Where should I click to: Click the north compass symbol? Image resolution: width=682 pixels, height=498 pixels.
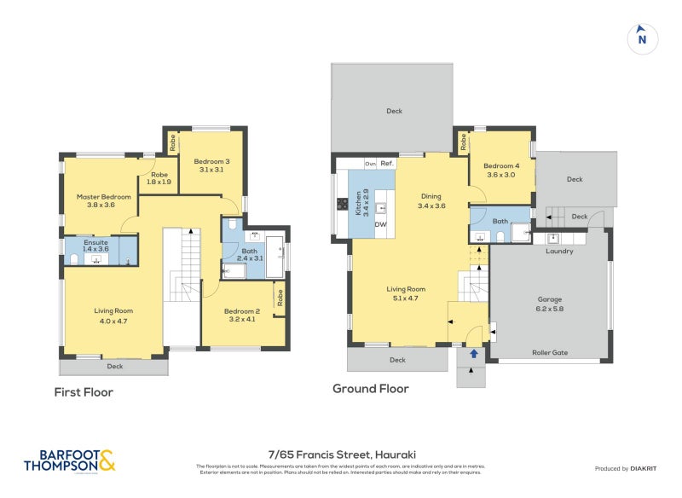(643, 38)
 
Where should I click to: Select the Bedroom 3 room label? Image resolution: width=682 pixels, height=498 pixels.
(211, 165)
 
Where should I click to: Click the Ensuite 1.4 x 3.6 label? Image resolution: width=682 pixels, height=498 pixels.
(95, 246)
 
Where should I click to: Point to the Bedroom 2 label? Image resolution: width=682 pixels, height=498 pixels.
(241, 315)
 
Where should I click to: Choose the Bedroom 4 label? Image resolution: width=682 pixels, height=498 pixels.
(500, 170)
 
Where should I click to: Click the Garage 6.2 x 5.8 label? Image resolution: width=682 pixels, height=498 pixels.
(550, 304)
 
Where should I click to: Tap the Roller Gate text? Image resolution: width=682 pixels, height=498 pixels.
(550, 352)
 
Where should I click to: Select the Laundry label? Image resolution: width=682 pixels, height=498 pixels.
(559, 251)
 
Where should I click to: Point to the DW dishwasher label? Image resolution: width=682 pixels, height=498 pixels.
(381, 224)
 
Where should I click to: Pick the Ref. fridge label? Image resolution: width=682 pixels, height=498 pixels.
(386, 163)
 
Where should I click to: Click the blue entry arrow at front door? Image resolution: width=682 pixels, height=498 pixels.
(473, 352)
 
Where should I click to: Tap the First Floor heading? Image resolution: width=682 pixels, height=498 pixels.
(84, 392)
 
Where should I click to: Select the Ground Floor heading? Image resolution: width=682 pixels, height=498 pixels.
(370, 389)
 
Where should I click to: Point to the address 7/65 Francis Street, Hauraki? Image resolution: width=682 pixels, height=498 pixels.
(341, 455)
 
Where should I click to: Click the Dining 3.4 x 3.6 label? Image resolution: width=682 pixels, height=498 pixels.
(431, 201)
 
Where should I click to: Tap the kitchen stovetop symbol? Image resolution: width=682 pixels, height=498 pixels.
(342, 205)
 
